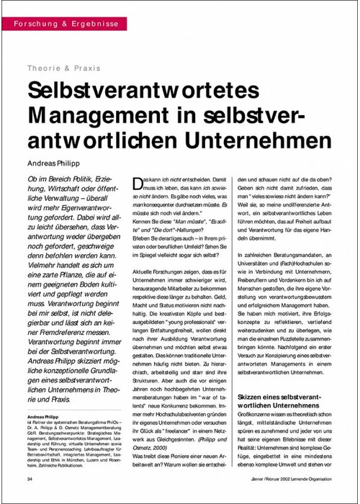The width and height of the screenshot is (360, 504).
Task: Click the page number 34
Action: (x=29, y=479)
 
